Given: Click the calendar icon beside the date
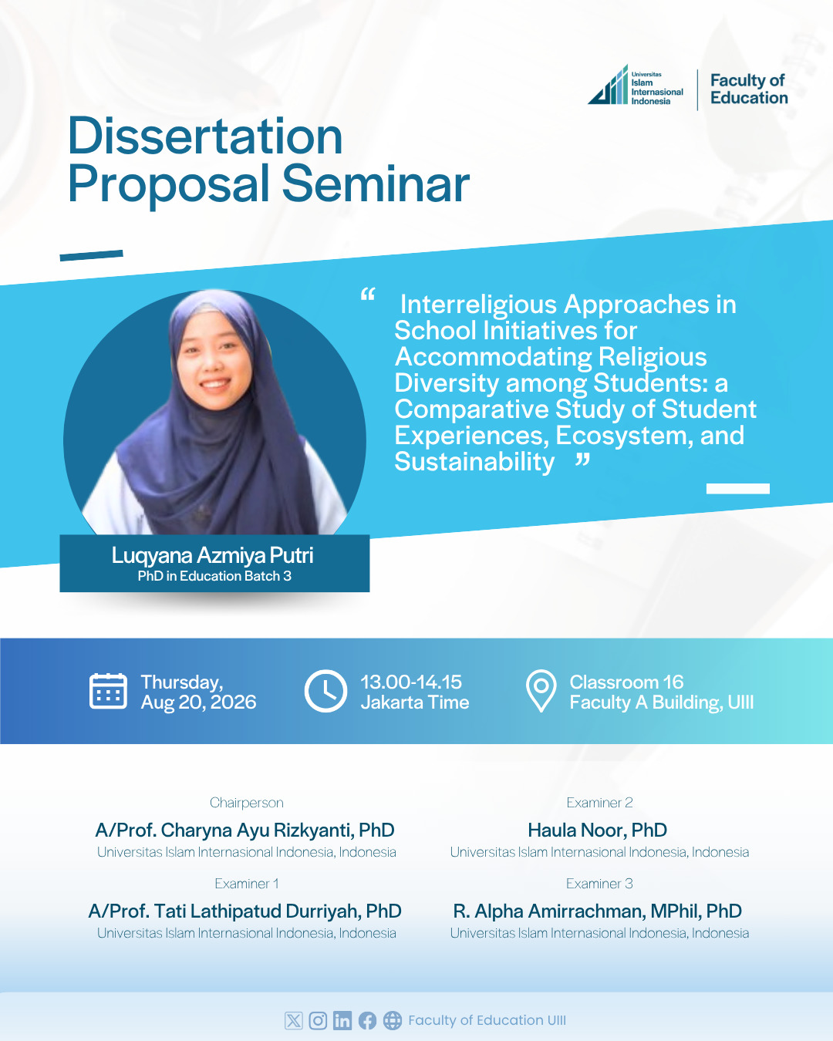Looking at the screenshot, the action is click(109, 691).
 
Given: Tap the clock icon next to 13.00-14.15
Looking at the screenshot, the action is click(325, 691).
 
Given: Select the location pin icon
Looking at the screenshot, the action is click(541, 691).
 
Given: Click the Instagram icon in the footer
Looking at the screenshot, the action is click(318, 1021).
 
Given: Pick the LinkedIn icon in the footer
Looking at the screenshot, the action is click(342, 1021).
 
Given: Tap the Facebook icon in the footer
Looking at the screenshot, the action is click(367, 1021).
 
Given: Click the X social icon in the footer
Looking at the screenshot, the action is click(293, 1021).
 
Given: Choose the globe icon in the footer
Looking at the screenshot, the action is click(393, 1021).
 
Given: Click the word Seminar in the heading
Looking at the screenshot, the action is click(376, 184).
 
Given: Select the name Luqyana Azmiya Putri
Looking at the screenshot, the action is click(212, 555).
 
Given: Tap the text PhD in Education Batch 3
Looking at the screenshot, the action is click(214, 576).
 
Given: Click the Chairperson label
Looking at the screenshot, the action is click(246, 803).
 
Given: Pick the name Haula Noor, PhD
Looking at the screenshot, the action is click(597, 830).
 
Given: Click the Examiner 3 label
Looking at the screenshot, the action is click(599, 884).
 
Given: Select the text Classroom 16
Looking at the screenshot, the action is click(626, 682).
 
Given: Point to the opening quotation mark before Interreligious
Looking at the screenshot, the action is click(368, 294).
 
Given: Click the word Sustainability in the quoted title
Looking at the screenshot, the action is click(474, 461).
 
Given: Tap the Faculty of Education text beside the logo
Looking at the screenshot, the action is click(749, 89).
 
